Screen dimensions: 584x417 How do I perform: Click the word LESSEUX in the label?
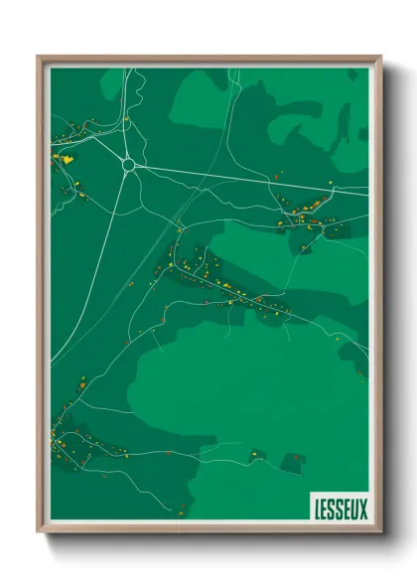[x=340, y=509]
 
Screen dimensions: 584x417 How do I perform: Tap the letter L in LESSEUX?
[x=317, y=509]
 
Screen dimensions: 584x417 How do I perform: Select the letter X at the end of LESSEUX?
[x=362, y=509]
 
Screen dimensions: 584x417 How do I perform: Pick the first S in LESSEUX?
[x=332, y=509]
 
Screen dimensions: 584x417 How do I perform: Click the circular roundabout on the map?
[x=128, y=165]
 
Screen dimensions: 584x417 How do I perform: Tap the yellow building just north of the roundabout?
[x=126, y=120]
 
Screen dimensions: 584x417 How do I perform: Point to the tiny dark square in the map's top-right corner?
[x=362, y=132]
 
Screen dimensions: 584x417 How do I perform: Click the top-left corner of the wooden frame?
[x=39, y=58]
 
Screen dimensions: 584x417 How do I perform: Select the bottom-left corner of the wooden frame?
[x=39, y=530]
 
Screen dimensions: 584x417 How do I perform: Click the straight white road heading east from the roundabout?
[x=228, y=174]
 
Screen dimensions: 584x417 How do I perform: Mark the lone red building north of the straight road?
[x=279, y=173]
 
